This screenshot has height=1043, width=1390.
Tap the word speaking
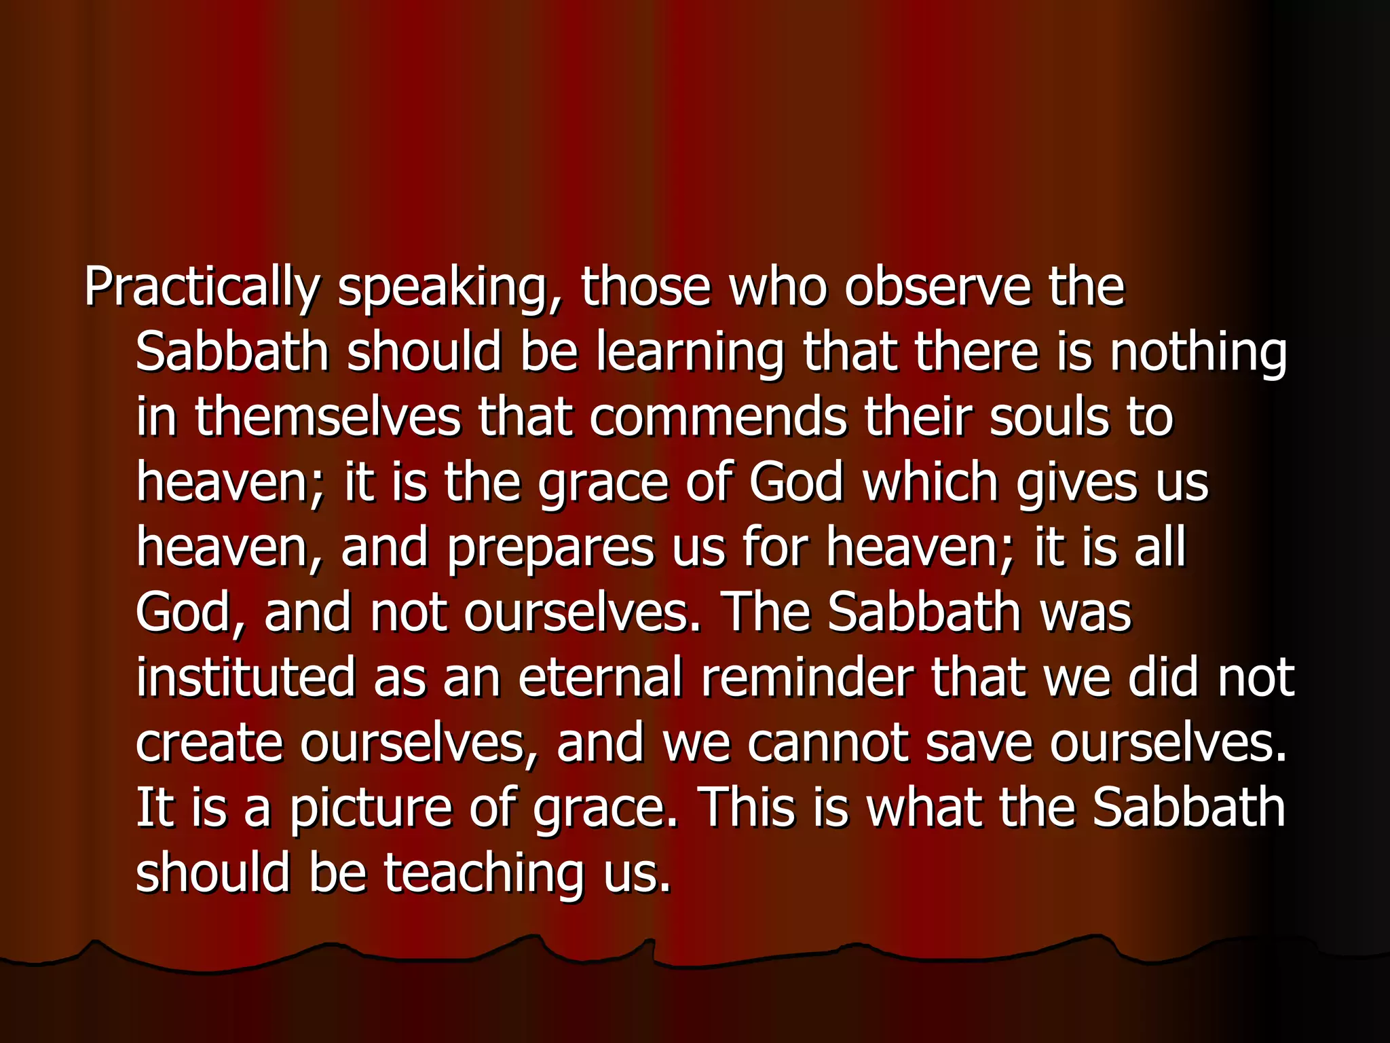tap(450, 288)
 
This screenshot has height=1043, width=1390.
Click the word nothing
tap(1198, 353)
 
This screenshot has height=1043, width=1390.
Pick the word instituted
tap(246, 677)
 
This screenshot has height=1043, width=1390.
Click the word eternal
tap(600, 677)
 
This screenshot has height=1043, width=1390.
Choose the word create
tap(209, 742)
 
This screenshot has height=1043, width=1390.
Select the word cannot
tap(827, 742)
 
